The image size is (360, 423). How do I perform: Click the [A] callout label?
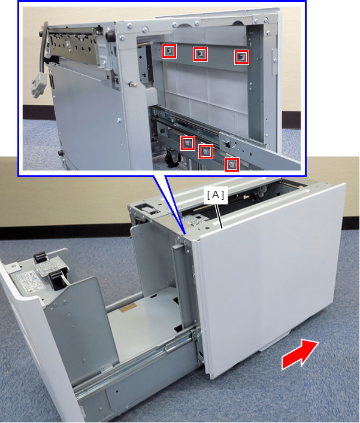[216, 195]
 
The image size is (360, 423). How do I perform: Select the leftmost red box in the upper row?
[169, 51]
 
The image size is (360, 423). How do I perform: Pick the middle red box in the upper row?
[200, 54]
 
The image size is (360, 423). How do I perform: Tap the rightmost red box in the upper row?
[241, 57]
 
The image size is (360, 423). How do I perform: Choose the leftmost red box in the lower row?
[187, 143]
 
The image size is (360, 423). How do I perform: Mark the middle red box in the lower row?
[205, 151]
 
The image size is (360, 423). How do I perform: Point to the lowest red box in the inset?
[232, 165]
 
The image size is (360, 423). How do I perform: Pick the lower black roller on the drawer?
[57, 281]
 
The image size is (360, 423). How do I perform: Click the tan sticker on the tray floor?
[128, 308]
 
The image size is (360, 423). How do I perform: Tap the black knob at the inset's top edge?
[110, 36]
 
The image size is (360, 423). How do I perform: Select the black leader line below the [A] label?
[219, 216]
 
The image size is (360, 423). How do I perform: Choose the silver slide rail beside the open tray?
[135, 361]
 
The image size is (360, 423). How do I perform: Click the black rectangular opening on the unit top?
[146, 209]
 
